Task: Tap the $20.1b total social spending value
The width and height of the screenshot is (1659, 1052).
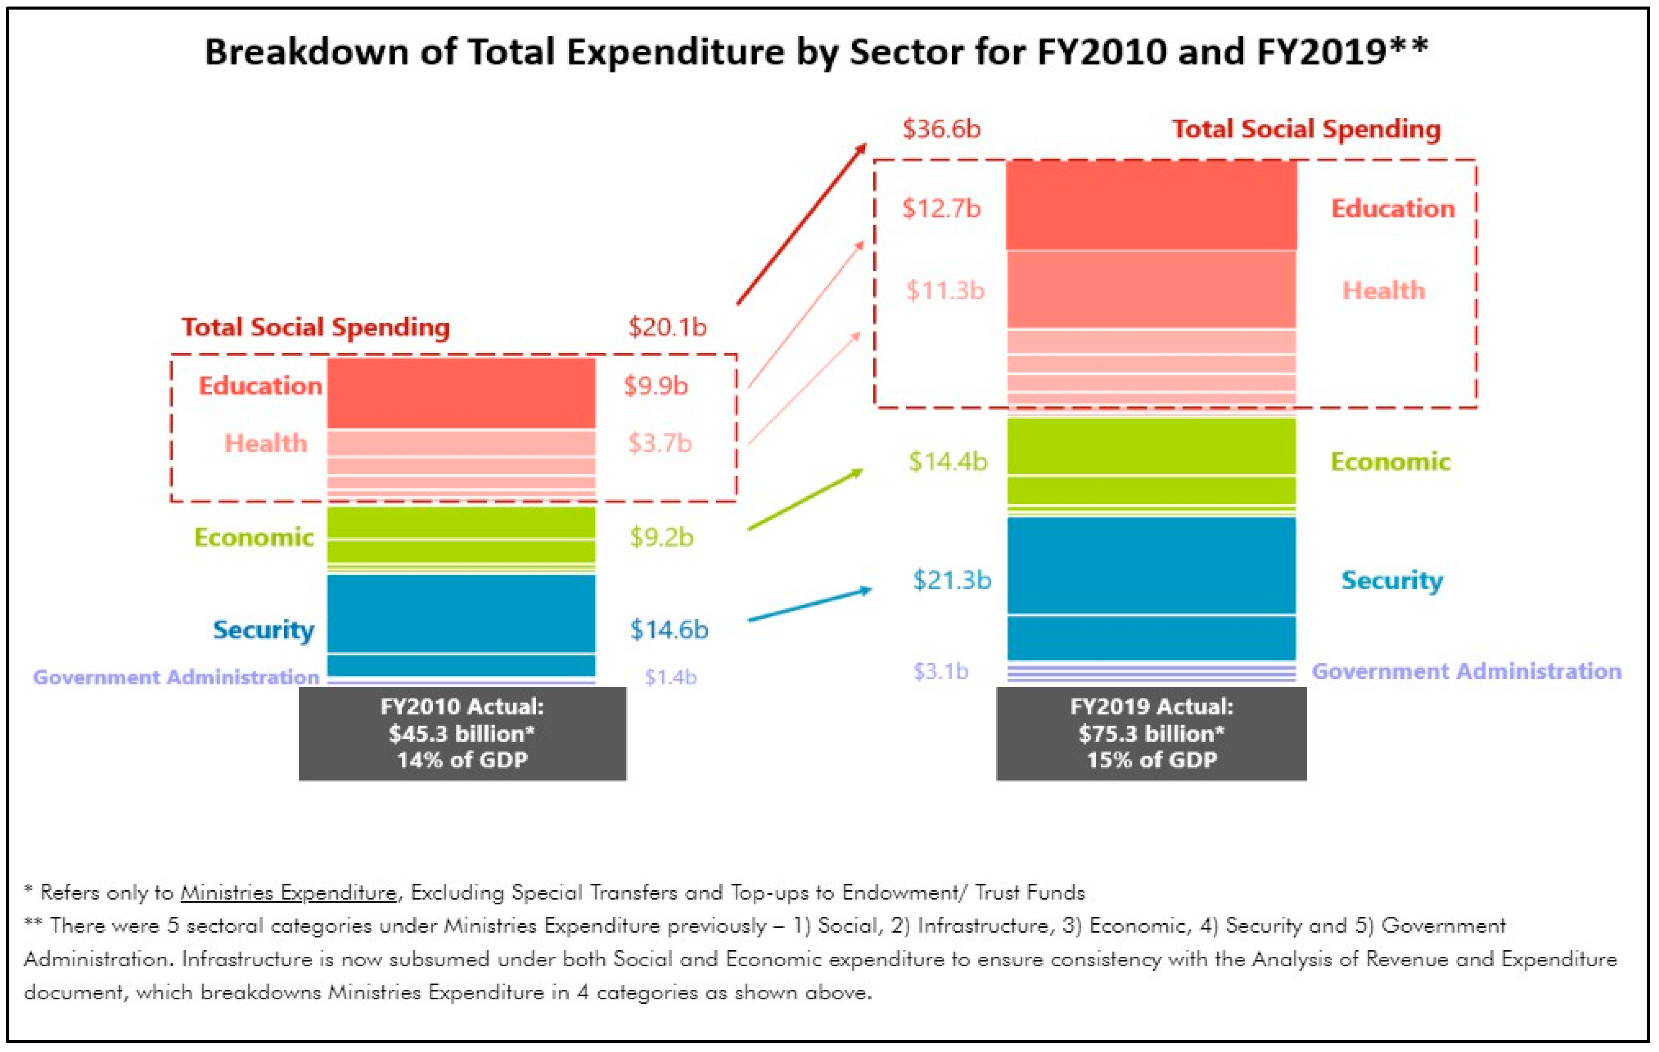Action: coord(667,327)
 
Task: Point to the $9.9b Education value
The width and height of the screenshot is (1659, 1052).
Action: coord(655,386)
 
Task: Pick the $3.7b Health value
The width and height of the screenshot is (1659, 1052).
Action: coord(659,444)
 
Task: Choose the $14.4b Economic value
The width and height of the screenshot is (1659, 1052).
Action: coord(947,461)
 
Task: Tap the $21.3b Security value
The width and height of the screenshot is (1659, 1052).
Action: coord(951,580)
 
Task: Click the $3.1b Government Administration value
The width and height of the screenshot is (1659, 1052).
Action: coord(941,671)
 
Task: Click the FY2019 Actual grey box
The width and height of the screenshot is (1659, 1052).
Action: coord(1151,733)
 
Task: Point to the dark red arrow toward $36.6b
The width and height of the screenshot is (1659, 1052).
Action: coord(801,224)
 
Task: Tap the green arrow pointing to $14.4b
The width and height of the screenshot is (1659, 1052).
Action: coord(804,500)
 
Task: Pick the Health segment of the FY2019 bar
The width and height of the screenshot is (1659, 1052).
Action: coord(1151,289)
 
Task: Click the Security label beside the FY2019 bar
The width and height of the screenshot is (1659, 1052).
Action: coord(1391,580)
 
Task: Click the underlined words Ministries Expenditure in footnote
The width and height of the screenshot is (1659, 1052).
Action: coord(288,893)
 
